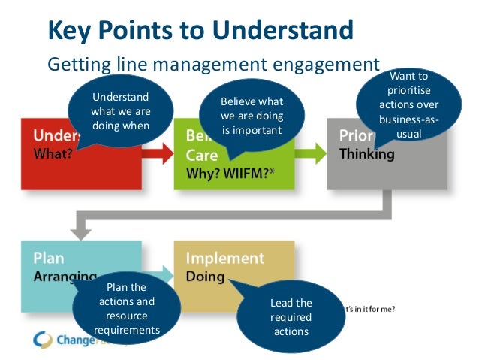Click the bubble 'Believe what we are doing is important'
coord(252,116)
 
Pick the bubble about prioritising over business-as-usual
coord(408,105)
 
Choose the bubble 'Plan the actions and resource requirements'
coord(127,308)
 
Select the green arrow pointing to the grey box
coord(310,153)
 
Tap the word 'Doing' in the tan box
coord(205,277)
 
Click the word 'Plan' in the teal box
coord(49,258)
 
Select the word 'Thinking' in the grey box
coord(366,155)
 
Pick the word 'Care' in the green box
coord(202,156)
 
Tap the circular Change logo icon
coord(43,340)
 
